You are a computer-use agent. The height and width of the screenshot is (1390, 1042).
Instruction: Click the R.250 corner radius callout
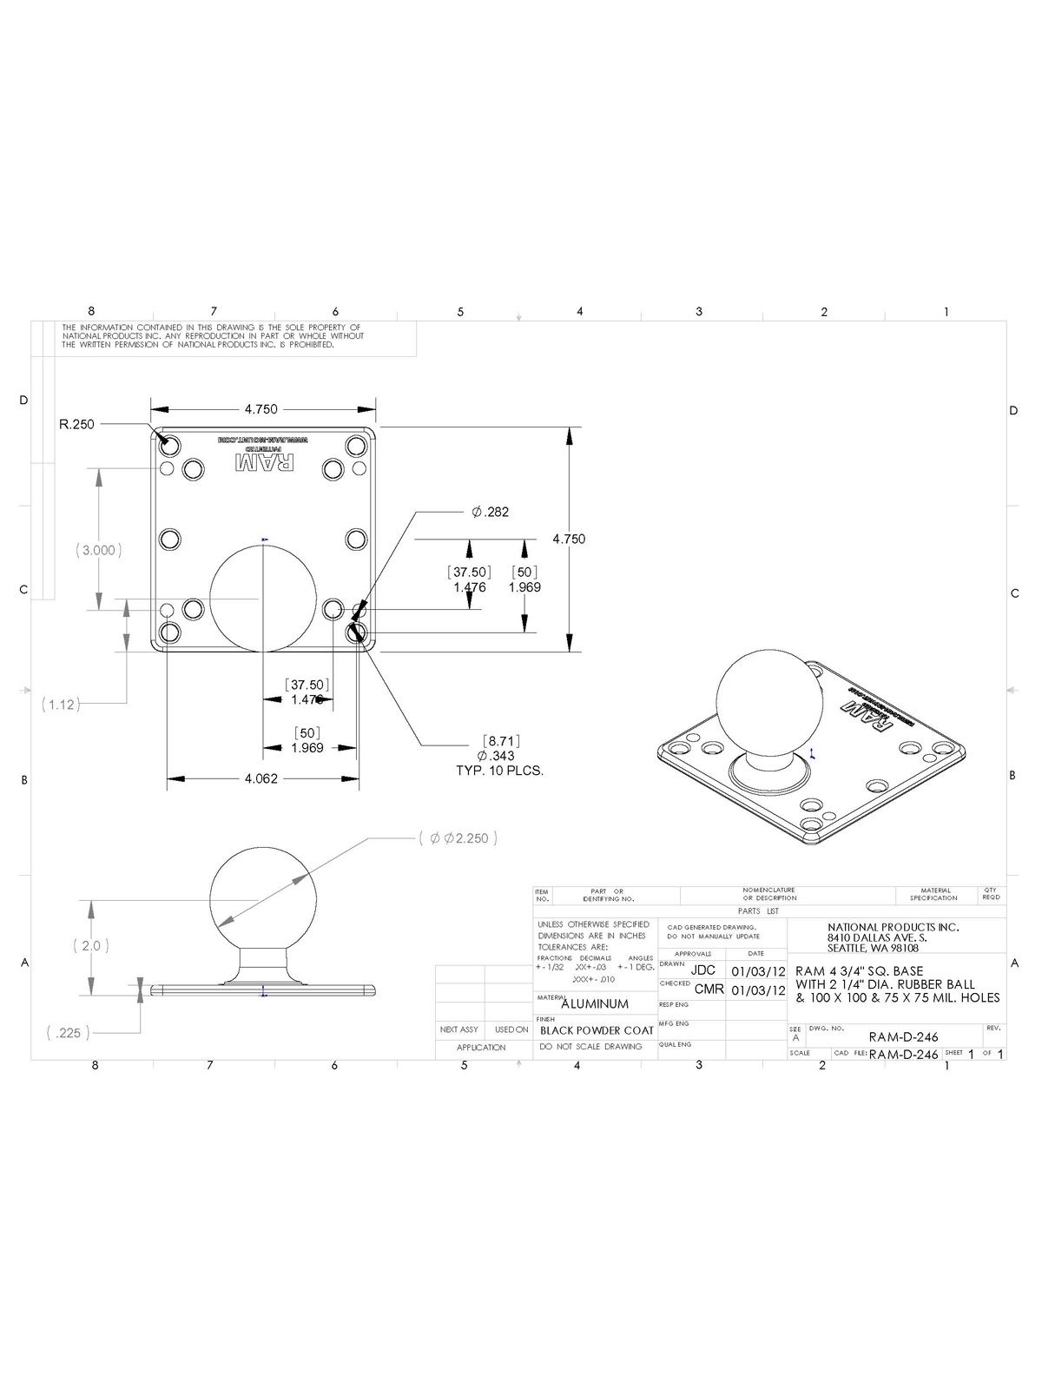point(76,425)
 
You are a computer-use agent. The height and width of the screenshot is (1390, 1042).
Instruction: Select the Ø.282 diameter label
point(491,513)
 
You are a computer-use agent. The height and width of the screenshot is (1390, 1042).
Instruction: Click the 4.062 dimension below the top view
point(261,779)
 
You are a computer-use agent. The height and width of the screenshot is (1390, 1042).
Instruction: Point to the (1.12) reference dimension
point(61,705)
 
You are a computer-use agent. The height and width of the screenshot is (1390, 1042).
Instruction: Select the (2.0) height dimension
point(91,945)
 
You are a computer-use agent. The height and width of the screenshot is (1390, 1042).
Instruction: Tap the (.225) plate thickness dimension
point(63,1034)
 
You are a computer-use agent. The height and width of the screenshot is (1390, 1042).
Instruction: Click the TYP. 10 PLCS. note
point(500,771)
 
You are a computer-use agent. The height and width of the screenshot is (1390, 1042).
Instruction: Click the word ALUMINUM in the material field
point(595,1004)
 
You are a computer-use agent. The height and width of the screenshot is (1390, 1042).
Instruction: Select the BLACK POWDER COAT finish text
point(597,1031)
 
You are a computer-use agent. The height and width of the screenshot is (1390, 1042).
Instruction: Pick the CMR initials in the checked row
point(709,990)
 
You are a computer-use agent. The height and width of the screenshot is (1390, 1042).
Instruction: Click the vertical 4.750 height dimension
point(569,539)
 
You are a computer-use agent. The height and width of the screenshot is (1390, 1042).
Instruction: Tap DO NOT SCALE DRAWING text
point(590,1047)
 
